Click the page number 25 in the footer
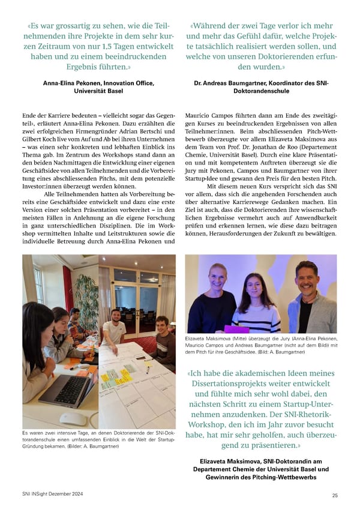pyautogui.click(x=334, y=495)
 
